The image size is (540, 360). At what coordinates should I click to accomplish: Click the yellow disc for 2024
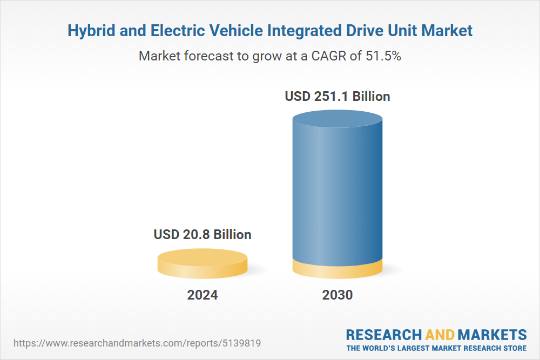(202, 263)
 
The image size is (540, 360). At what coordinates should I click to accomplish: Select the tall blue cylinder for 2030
(337, 189)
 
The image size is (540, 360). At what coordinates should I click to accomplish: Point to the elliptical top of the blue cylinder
(337, 120)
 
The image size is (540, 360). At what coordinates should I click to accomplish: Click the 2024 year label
(202, 295)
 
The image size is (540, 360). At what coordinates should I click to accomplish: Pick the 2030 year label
(337, 295)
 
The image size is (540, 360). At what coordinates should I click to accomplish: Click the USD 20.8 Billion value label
(202, 235)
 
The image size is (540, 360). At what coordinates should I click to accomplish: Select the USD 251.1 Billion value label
(337, 97)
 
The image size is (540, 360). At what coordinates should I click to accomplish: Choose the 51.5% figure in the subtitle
(382, 56)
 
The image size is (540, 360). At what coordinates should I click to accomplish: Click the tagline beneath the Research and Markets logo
(436, 348)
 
